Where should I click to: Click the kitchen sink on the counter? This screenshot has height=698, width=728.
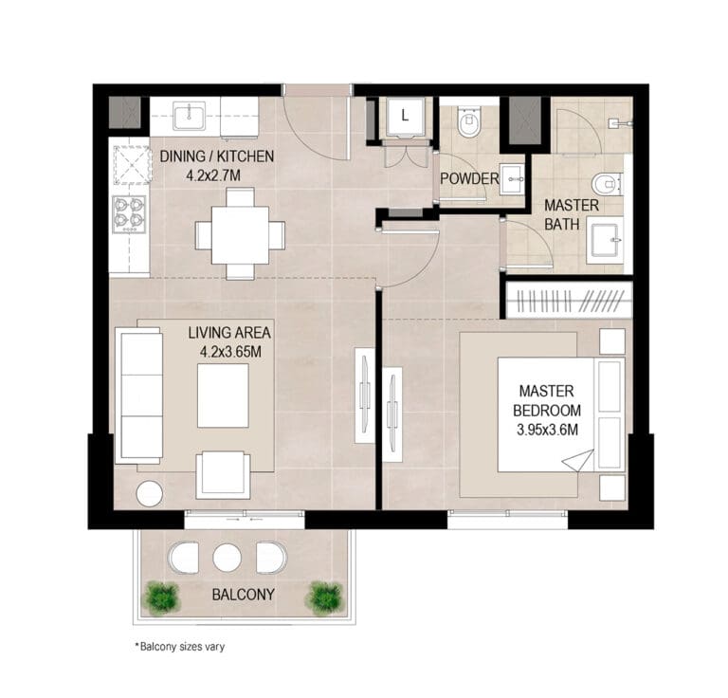[190, 116]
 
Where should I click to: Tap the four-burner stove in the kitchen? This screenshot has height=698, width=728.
[129, 214]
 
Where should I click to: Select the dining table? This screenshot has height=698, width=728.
[240, 235]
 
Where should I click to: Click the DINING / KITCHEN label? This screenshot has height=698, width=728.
[217, 156]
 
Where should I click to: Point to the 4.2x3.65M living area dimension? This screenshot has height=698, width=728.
[230, 352]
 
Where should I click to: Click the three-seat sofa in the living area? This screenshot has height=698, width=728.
[138, 395]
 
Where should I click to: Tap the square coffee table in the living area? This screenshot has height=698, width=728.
[223, 395]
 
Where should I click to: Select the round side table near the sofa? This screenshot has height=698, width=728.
[150, 494]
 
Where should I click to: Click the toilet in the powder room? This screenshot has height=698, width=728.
[469, 121]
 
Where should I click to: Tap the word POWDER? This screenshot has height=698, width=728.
[469, 179]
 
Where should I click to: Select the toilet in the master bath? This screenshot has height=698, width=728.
[607, 184]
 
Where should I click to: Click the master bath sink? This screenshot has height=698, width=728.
[605, 240]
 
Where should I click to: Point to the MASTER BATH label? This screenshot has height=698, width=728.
[571, 214]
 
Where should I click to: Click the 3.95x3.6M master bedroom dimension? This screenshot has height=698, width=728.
[547, 430]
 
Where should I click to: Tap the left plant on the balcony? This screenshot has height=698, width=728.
[161, 598]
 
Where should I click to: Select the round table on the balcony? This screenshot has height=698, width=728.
[227, 558]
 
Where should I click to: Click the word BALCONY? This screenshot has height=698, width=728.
[243, 595]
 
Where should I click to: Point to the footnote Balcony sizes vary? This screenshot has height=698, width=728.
[180, 647]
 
